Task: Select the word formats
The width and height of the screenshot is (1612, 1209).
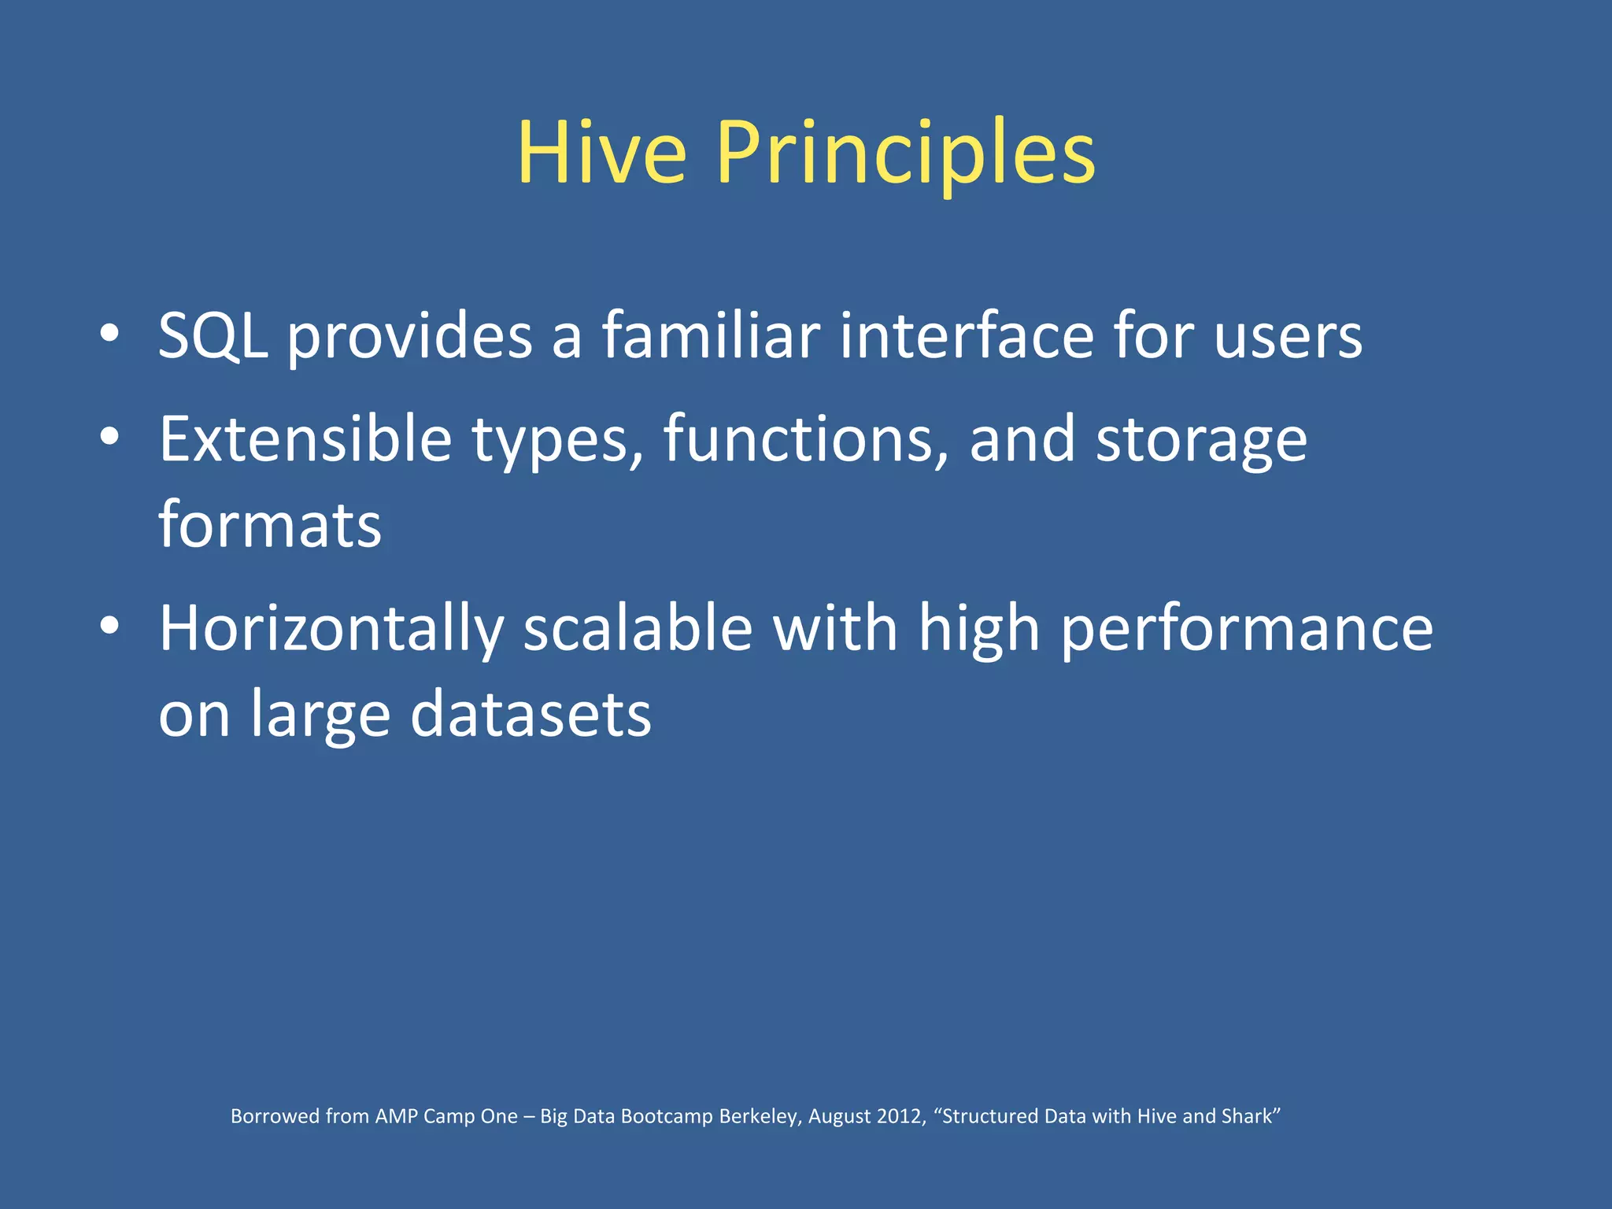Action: pos(270,525)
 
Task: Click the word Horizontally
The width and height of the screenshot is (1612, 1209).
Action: pos(331,629)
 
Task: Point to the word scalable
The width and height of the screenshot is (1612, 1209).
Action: pos(638,629)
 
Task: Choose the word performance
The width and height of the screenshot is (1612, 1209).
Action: pos(1247,630)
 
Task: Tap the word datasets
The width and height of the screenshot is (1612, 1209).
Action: pos(531,714)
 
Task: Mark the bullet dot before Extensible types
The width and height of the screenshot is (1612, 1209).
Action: pos(109,438)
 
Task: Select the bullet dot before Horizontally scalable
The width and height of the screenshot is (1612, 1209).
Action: pos(109,627)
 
